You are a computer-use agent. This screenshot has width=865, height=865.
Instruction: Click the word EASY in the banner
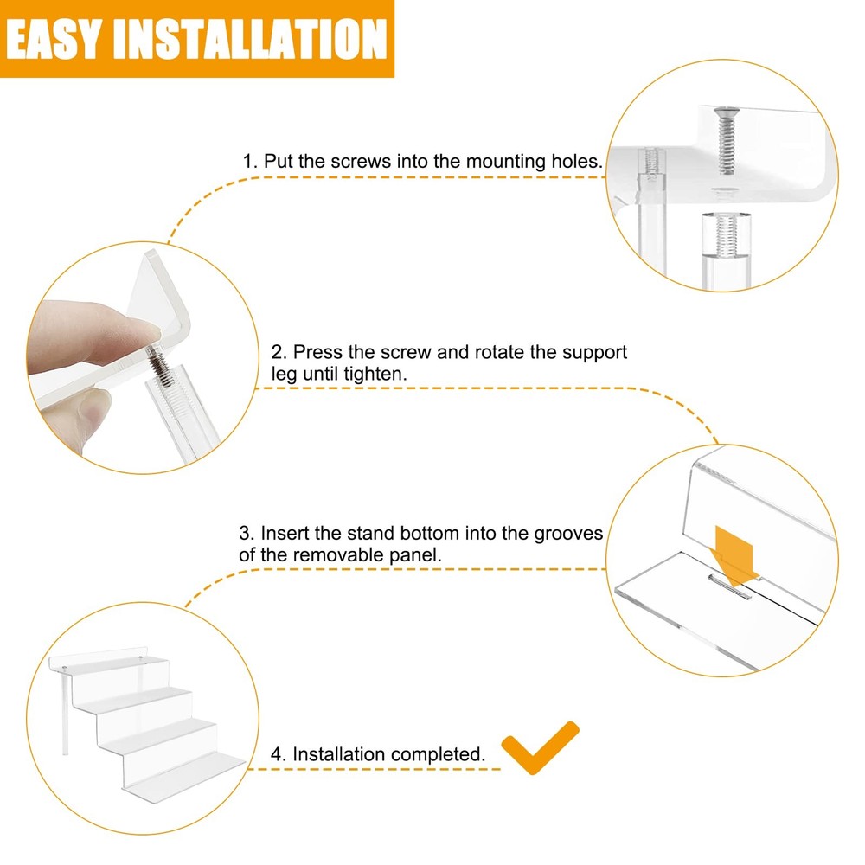[54, 39]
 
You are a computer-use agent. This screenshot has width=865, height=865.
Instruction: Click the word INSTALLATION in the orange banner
[250, 39]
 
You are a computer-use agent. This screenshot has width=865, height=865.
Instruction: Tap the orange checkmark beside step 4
[540, 747]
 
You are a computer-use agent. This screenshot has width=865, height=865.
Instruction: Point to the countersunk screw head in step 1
[726, 113]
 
